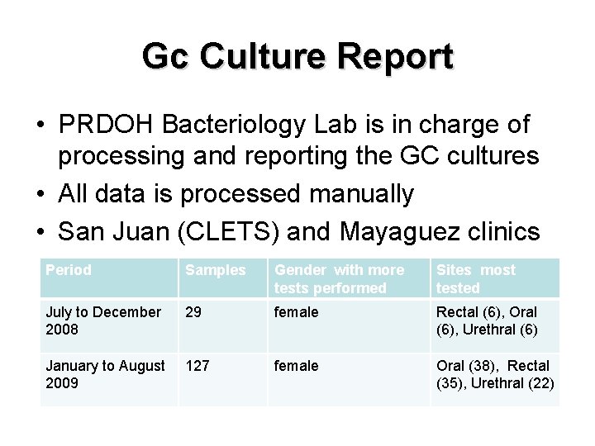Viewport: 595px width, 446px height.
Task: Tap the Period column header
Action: [x=69, y=270]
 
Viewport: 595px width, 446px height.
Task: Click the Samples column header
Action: [x=215, y=270]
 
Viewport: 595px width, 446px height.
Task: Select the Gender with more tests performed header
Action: [x=339, y=278]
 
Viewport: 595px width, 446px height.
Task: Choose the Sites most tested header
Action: [x=475, y=278]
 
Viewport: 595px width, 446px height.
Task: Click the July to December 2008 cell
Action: [x=103, y=320]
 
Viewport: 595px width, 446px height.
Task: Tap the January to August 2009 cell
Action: [x=105, y=374]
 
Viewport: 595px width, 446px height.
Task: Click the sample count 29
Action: [x=194, y=312]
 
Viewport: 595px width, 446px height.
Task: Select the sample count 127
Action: [x=198, y=366]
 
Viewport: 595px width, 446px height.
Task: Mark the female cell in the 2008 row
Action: [x=296, y=312]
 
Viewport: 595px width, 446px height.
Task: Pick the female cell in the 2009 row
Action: [x=296, y=366]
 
